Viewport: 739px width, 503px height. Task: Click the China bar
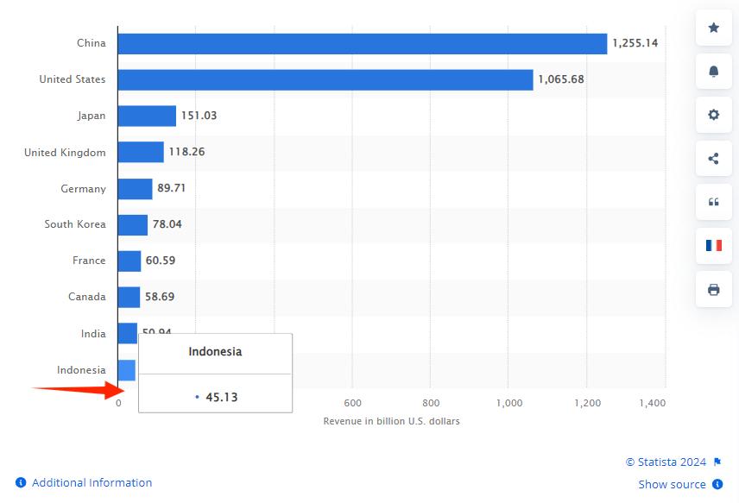point(363,43)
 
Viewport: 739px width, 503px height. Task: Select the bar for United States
point(325,79)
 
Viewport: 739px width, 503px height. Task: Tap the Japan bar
point(147,116)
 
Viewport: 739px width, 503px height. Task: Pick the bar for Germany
point(135,188)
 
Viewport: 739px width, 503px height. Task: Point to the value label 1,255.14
point(635,43)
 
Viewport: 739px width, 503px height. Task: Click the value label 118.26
point(186,152)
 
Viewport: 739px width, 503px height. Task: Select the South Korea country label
point(75,224)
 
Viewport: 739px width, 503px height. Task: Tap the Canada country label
point(87,297)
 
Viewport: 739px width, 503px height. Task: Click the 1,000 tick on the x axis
point(510,403)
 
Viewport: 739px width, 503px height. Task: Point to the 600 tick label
point(352,403)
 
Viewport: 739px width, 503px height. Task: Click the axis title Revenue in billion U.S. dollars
point(391,421)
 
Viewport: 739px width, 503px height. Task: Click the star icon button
point(714,28)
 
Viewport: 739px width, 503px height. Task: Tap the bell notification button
point(714,72)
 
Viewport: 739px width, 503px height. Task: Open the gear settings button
point(714,115)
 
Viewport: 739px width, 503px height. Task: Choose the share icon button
point(714,158)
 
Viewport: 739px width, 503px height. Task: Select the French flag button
point(714,245)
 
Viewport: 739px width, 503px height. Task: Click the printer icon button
point(714,289)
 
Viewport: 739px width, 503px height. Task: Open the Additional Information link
point(92,482)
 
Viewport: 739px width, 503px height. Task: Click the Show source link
point(672,484)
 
